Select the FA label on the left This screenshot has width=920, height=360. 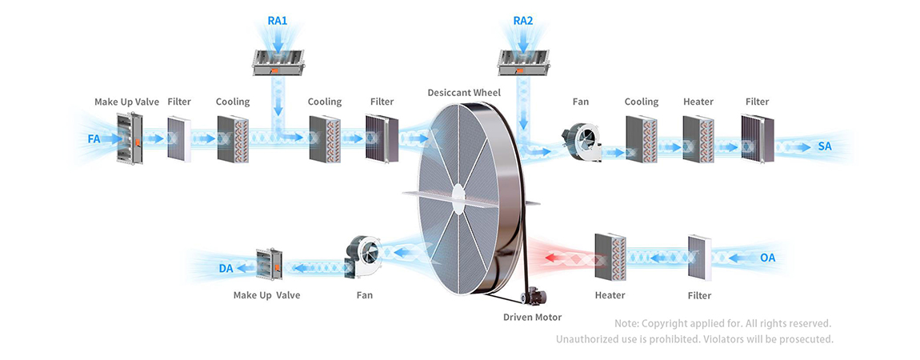(94, 139)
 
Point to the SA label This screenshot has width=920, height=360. (825, 146)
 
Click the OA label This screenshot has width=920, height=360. (767, 258)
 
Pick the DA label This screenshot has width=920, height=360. (226, 268)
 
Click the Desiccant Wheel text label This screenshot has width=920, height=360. (464, 93)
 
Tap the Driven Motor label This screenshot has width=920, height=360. (532, 318)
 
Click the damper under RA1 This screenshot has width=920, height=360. (278, 62)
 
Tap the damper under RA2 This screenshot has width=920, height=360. (522, 62)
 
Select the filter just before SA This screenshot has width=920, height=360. (754, 138)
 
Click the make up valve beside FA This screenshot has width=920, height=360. (129, 140)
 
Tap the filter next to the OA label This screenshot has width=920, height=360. (699, 258)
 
